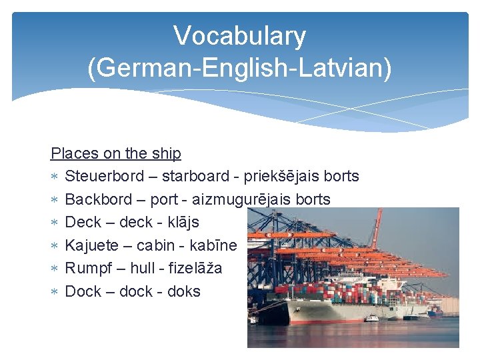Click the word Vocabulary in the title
(x=239, y=36)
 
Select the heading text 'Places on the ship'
(x=116, y=153)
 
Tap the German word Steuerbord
(x=104, y=176)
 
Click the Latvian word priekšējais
(x=282, y=176)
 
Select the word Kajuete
(x=93, y=245)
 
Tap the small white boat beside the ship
(x=371, y=317)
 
